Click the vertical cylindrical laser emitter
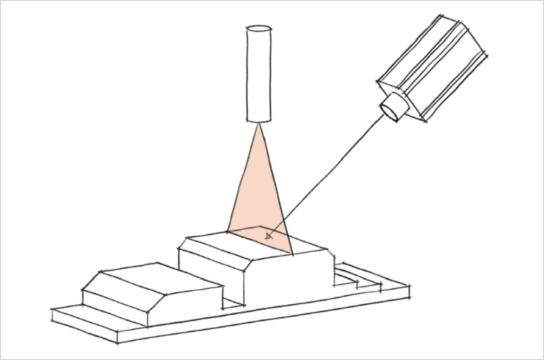[259, 77]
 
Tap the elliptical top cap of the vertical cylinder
[259, 30]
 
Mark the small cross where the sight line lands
[268, 236]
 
